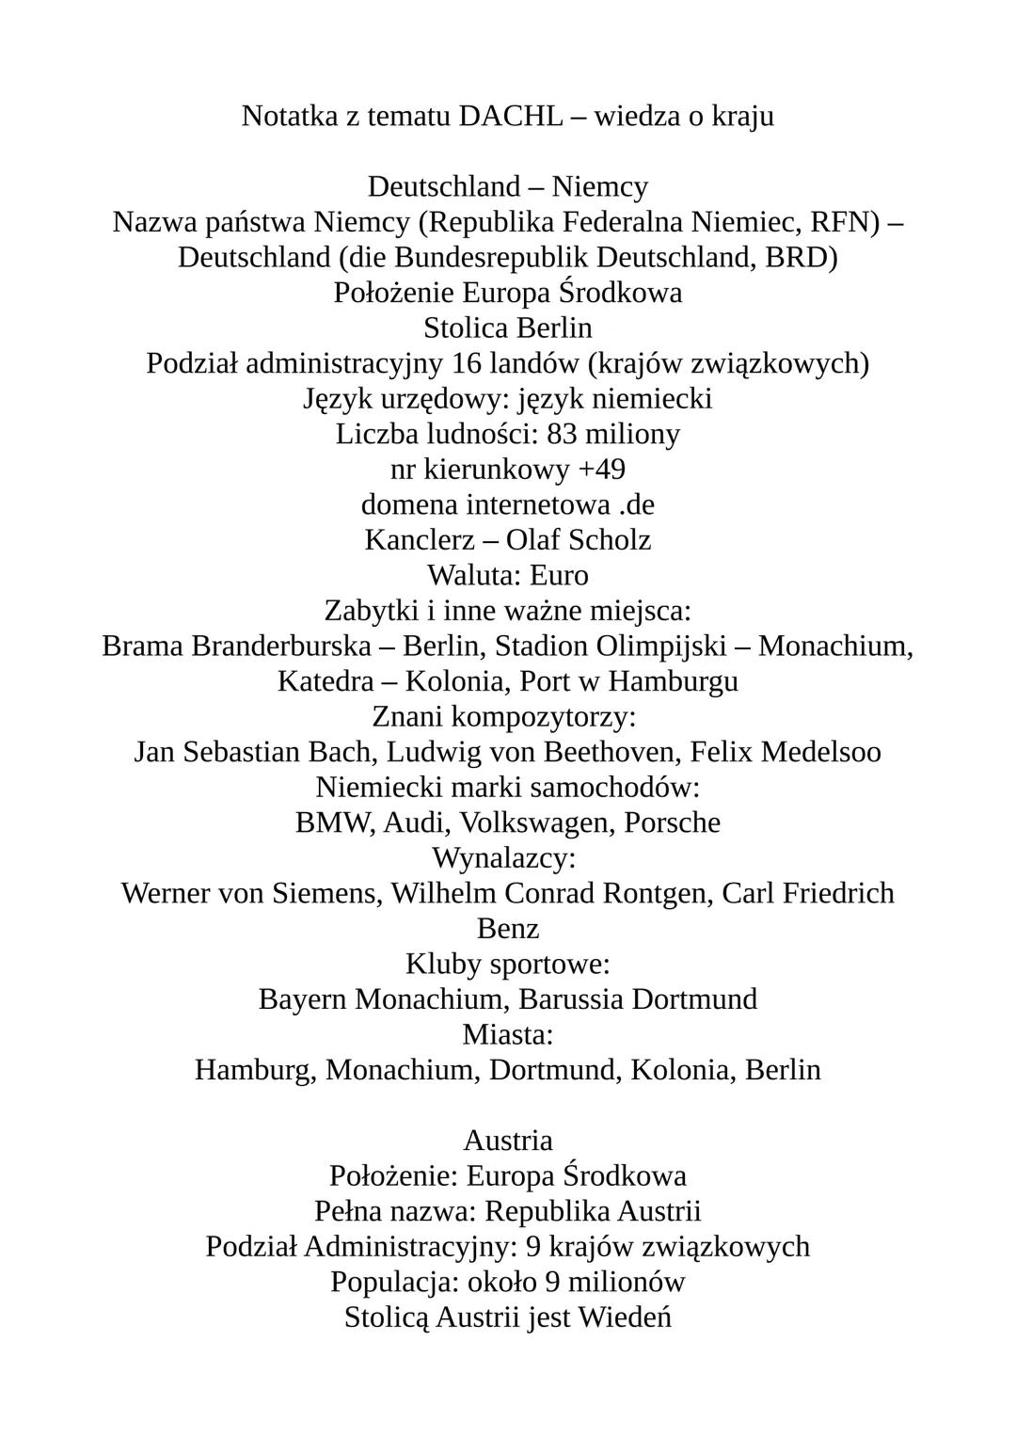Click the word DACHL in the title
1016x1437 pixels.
coord(511,116)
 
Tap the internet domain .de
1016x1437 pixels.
coord(637,504)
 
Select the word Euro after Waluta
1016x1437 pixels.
coord(559,575)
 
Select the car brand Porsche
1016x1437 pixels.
coord(673,822)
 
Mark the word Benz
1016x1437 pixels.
coord(508,929)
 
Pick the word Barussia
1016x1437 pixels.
coord(571,999)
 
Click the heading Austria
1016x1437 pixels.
coord(508,1141)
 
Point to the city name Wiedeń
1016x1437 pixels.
coord(625,1317)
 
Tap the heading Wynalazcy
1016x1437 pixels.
coord(503,858)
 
